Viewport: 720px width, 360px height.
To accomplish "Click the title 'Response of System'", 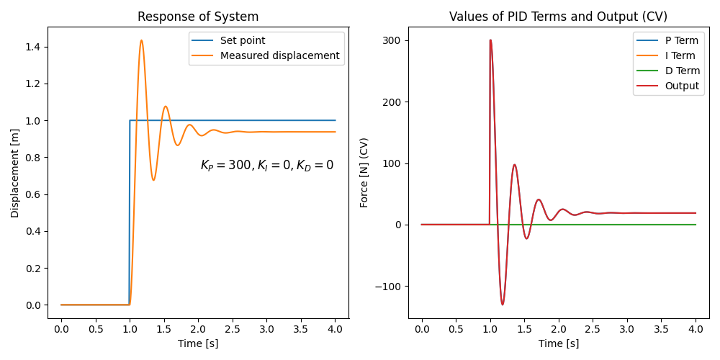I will click(198, 17).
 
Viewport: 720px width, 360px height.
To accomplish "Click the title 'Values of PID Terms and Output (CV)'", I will click(558, 17).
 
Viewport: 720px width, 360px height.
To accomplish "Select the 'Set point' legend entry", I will click(243, 41).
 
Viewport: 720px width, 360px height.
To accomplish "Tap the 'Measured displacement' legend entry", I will click(279, 55).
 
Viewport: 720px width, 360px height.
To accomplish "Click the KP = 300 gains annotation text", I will click(266, 165).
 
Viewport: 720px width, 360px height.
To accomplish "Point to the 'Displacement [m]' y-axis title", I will click(15, 173).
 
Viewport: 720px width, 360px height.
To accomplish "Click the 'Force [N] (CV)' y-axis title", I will click(364, 173).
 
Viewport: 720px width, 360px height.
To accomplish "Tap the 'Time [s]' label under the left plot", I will click(198, 343).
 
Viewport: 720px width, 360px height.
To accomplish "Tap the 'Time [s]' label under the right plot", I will click(558, 343).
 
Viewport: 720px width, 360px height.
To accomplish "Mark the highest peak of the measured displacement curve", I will click(141, 40).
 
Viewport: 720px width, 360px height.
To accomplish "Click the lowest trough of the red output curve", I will click(503, 305).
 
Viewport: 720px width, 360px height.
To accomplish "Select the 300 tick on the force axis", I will click(392, 41).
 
